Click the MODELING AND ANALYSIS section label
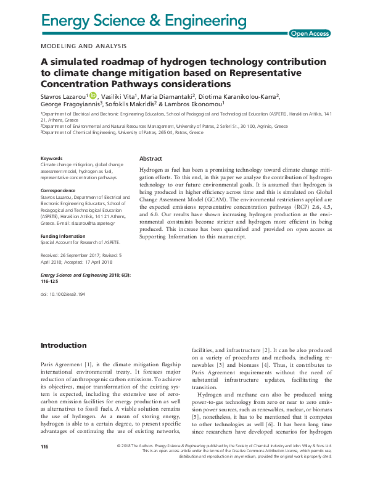pos(83,46)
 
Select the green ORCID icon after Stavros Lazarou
pos(93,96)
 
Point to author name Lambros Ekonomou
pos(202,105)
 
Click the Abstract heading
pos(151,158)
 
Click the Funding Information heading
pos(64,236)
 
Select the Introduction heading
pos(64,345)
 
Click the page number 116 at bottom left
pos(44,464)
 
